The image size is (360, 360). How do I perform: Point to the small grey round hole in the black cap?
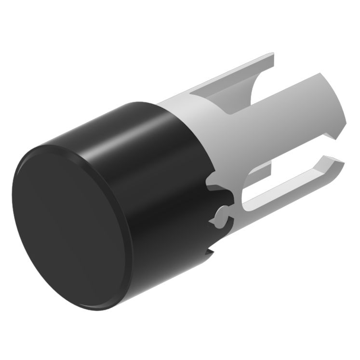pos(220,212)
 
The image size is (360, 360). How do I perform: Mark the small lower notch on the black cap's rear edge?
pos(211,251)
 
